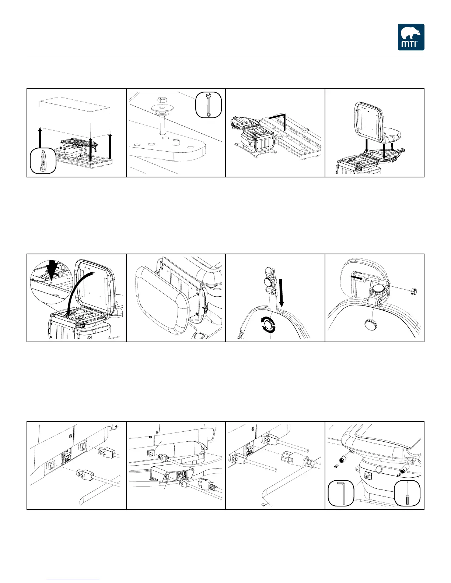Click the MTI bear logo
pyautogui.click(x=411, y=37)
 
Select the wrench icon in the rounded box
pyautogui.click(x=209, y=105)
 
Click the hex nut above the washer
pyautogui.click(x=162, y=99)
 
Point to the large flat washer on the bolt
pyautogui.click(x=162, y=108)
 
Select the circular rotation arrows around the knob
pyautogui.click(x=268, y=325)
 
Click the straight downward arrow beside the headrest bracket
pyautogui.click(x=281, y=293)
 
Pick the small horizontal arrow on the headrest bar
pyautogui.click(x=357, y=276)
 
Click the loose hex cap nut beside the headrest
pyautogui.click(x=413, y=291)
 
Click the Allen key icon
pyautogui.click(x=341, y=493)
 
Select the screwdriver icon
pyautogui.click(x=407, y=493)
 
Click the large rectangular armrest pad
pyautogui.click(x=162, y=300)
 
